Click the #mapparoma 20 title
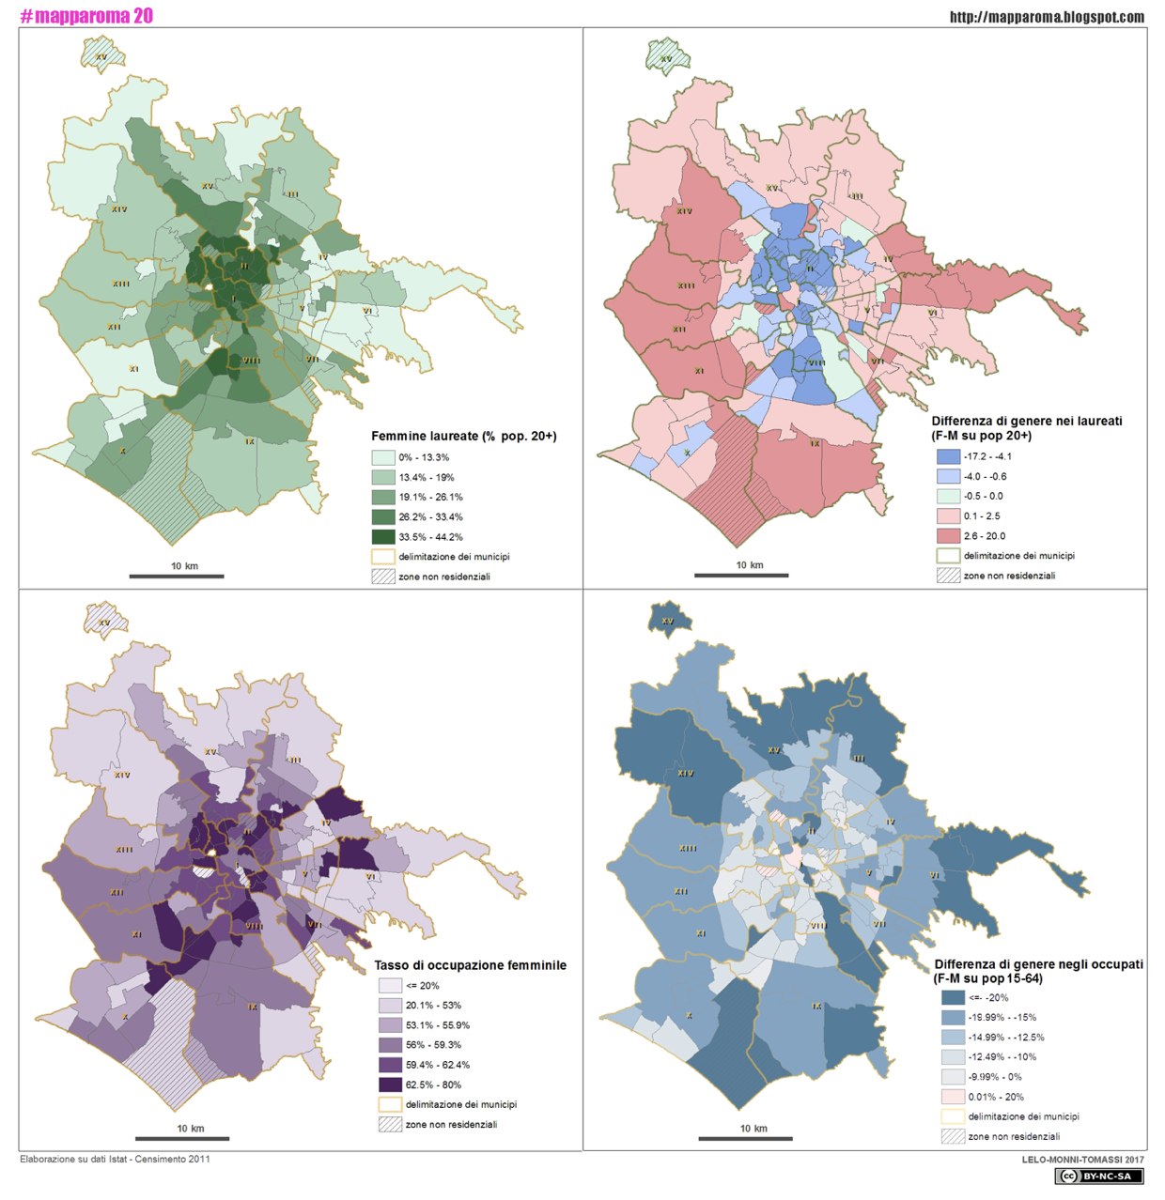click(86, 16)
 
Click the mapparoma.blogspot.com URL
click(1047, 17)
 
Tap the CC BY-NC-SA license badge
click(1098, 1177)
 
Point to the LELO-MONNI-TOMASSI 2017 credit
click(1082, 1160)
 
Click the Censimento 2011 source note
click(115, 1159)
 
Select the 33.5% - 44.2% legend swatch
click(382, 537)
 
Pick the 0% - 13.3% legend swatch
click(382, 457)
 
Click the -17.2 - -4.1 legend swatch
click(947, 456)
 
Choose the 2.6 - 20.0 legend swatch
click(947, 536)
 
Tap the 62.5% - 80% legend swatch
click(390, 1085)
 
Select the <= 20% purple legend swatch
click(390, 986)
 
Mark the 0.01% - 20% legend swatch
click(953, 1097)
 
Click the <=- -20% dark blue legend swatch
click(953, 997)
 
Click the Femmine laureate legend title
click(463, 436)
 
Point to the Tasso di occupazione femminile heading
click(470, 965)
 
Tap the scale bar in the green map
click(176, 576)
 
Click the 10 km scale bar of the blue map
click(745, 1138)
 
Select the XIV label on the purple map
click(121, 775)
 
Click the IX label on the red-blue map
click(815, 443)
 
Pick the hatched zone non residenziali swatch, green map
click(382, 577)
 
